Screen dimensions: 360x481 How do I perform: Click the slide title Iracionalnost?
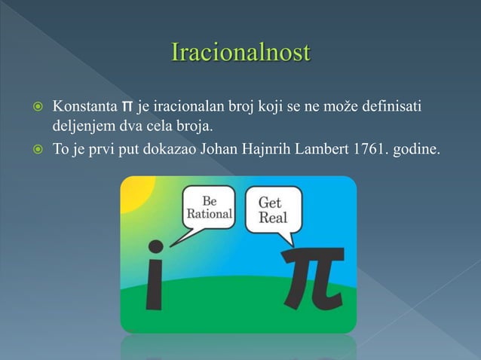[x=240, y=54]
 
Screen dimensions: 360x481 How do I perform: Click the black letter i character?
[x=155, y=282]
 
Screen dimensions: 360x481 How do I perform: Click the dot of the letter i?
[x=155, y=246]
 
